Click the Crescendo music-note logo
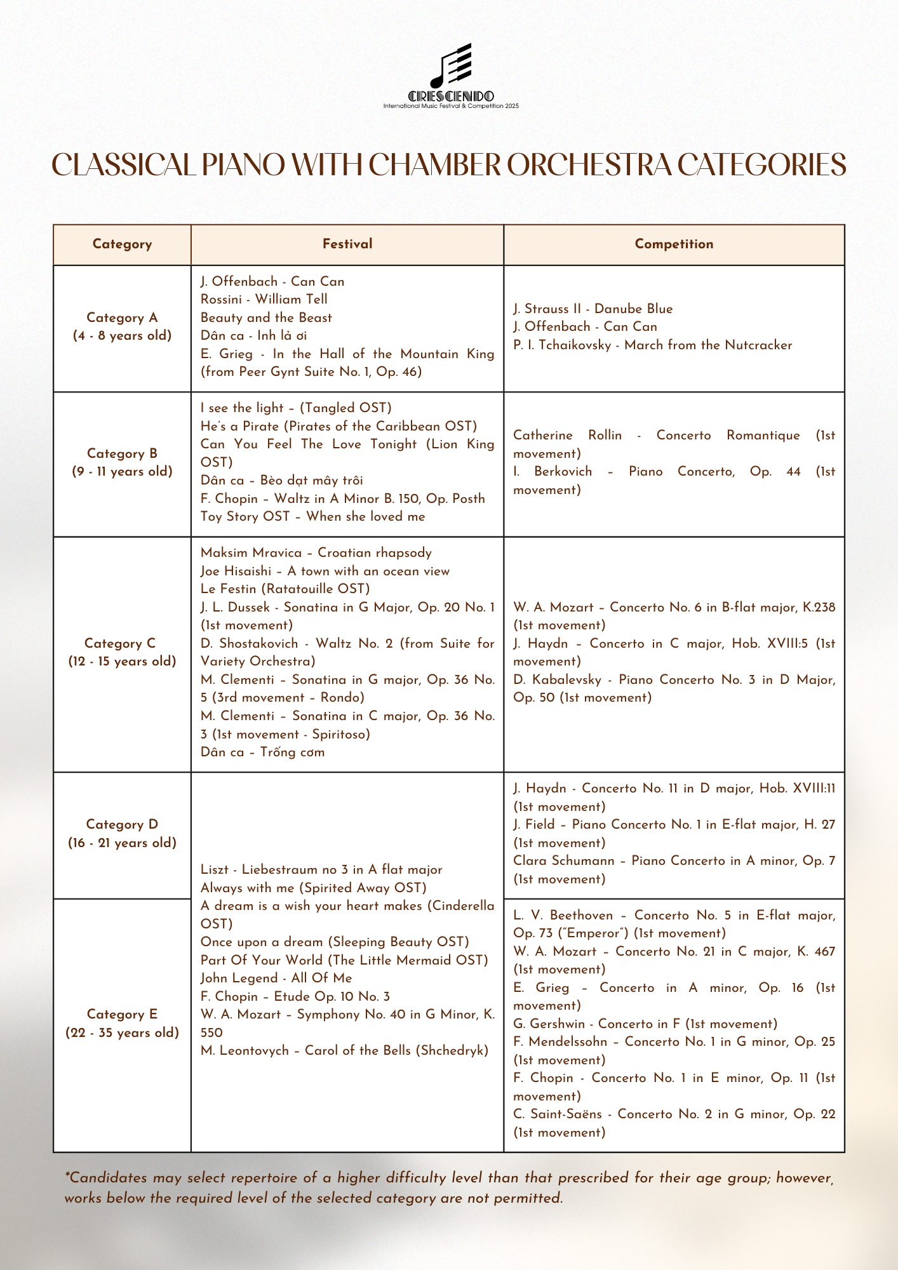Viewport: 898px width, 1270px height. pos(451,67)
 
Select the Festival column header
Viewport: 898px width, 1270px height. pos(347,244)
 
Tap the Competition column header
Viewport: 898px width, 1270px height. pos(674,244)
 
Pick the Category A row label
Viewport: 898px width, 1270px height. pos(122,326)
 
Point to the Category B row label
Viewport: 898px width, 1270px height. pos(122,462)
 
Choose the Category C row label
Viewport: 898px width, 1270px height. pos(122,652)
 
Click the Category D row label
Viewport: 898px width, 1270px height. pos(122,834)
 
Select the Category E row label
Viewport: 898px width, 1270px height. pos(122,1024)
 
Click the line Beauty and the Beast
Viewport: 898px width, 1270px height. pos(266,317)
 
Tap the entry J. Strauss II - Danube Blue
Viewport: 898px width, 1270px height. pos(593,309)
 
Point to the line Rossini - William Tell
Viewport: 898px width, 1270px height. pos(264,299)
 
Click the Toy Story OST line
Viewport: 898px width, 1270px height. pos(312,517)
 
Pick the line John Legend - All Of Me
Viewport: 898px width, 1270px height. pos(276,979)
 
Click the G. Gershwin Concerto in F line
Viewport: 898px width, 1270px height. pos(645,1024)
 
